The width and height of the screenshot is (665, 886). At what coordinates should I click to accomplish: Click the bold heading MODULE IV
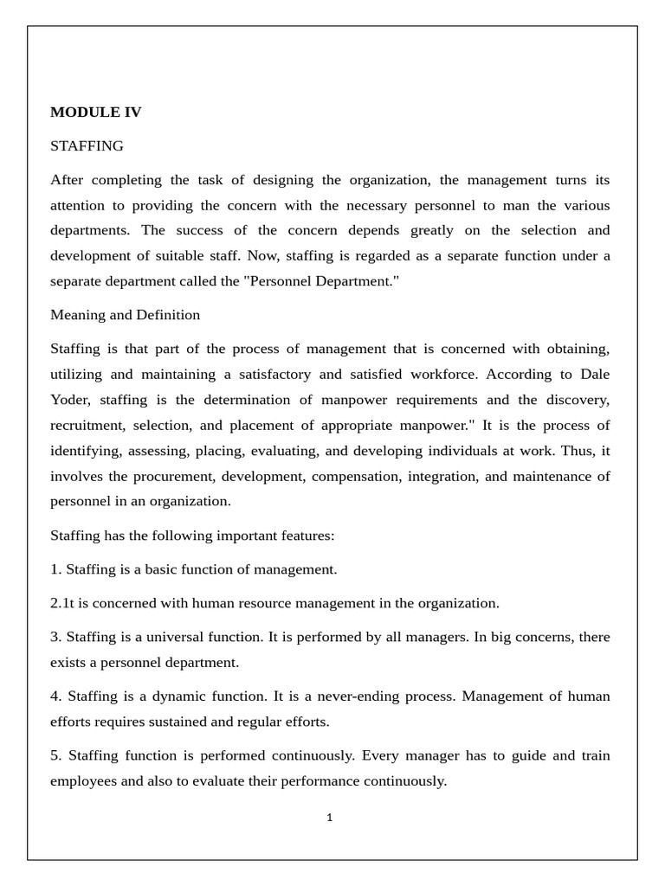click(95, 112)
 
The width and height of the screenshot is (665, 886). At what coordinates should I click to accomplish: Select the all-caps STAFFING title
click(87, 145)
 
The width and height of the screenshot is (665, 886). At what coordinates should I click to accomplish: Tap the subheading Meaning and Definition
click(125, 315)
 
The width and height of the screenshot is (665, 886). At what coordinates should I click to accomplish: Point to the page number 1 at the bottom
click(330, 818)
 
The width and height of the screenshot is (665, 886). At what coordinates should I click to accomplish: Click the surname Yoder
click(70, 400)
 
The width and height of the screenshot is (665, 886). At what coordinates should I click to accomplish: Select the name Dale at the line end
click(595, 375)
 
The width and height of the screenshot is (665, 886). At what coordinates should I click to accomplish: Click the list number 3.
click(56, 637)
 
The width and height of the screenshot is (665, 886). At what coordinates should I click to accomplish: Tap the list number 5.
click(56, 756)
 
